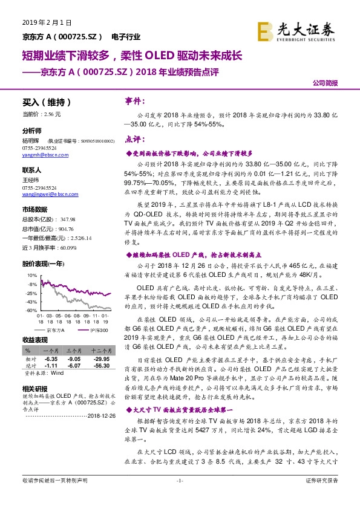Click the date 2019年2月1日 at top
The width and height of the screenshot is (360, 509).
[47, 22]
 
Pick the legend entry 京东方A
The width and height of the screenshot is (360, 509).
[55, 331]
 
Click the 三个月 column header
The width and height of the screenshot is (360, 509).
[74, 350]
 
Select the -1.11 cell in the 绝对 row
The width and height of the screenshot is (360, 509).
[51, 365]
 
